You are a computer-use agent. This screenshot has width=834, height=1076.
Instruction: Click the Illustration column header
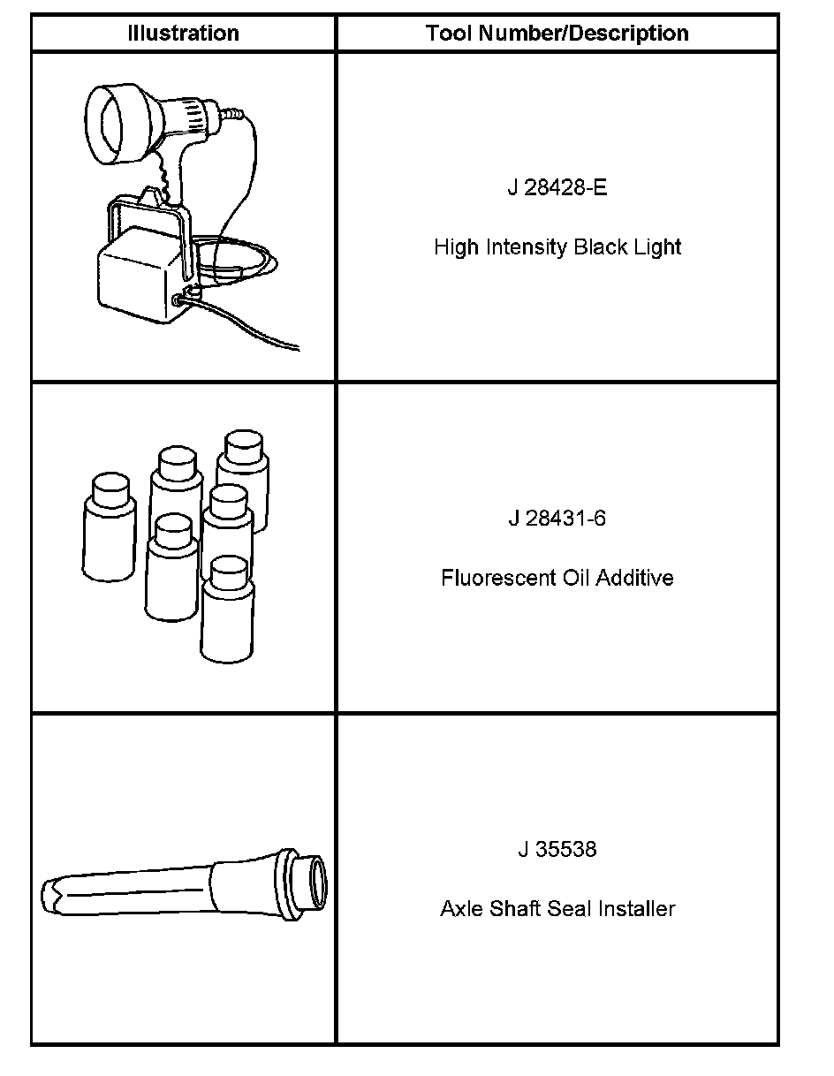(x=183, y=34)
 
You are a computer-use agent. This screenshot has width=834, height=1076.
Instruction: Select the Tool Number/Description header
(x=557, y=34)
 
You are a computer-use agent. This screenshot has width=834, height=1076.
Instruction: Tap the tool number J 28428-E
(x=557, y=188)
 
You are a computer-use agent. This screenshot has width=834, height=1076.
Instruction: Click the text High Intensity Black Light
(x=557, y=247)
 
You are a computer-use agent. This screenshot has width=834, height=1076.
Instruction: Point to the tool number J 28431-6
(x=557, y=518)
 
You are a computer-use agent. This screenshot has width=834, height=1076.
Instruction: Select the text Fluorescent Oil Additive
(x=557, y=578)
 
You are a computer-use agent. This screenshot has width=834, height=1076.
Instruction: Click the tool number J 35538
(x=557, y=849)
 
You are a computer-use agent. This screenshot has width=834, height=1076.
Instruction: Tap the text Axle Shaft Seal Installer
(x=557, y=909)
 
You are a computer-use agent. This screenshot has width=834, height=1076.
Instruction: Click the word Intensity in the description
(x=524, y=247)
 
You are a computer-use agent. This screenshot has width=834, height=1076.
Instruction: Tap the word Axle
(x=459, y=909)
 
